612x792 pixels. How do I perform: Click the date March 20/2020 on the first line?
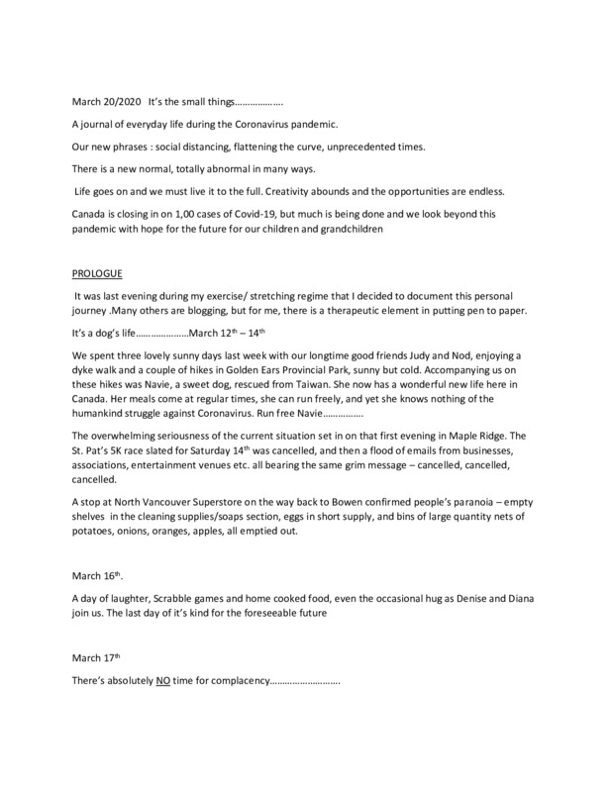click(104, 101)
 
